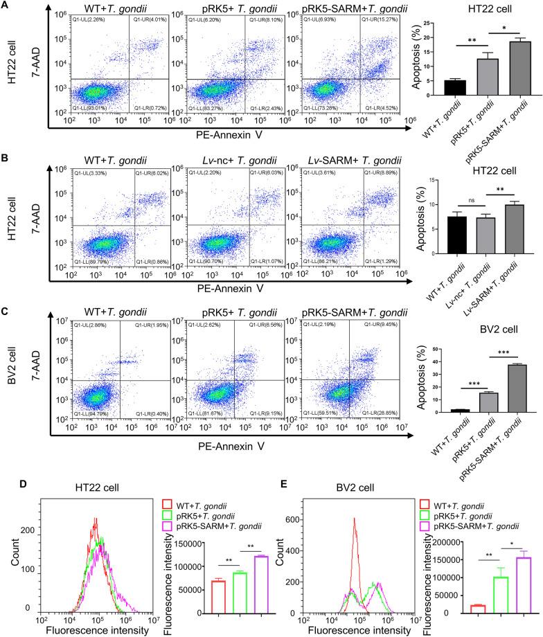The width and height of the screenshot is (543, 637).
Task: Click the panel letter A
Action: point(6,6)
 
